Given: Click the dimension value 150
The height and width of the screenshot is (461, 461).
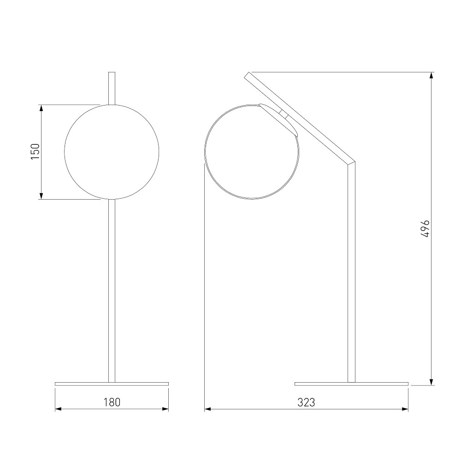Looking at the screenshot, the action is click(x=35, y=151).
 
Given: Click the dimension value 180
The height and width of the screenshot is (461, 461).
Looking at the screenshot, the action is click(x=112, y=402).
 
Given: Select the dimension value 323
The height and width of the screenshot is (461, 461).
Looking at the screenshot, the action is click(x=307, y=402).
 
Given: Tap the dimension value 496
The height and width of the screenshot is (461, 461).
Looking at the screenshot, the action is click(x=425, y=229).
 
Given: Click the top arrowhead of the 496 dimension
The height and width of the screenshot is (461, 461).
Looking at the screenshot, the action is click(x=431, y=76).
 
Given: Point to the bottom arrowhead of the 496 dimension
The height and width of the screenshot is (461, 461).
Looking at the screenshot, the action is click(x=431, y=381).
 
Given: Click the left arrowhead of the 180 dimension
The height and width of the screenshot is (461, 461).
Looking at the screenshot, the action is click(x=59, y=409).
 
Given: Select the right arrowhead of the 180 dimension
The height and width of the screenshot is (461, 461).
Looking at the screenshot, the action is click(x=165, y=409).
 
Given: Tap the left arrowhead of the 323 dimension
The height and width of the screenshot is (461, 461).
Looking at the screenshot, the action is click(x=208, y=409).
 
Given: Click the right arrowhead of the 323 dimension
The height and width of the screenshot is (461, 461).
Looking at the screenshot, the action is click(x=405, y=409).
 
